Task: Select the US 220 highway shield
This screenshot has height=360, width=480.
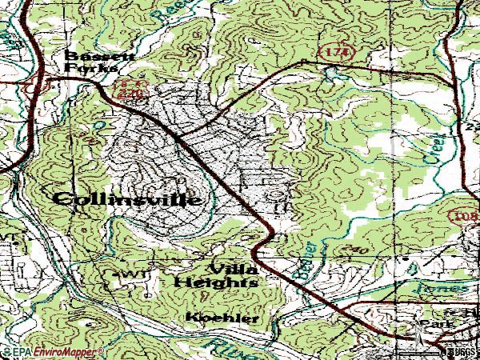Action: [121, 88]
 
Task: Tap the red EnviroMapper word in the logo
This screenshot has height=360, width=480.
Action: [73, 350]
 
